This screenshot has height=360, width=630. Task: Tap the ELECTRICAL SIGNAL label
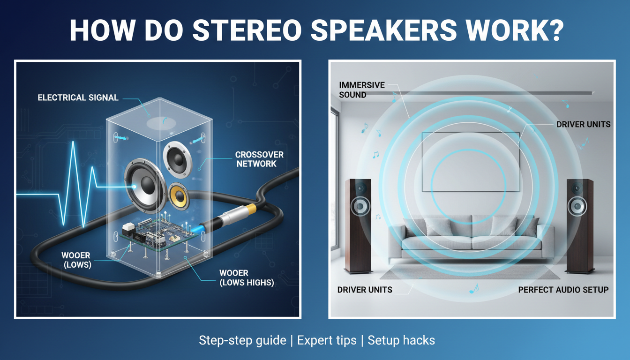pos(78,98)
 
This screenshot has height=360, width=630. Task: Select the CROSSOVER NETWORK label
pos(259,159)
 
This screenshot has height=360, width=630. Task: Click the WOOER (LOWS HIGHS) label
pos(247,278)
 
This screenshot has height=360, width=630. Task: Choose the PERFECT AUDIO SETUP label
pos(563,290)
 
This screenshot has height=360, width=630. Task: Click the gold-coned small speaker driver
pos(180,194)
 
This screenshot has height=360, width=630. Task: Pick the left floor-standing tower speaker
pos(359,225)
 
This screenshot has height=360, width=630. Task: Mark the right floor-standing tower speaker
pos(579,225)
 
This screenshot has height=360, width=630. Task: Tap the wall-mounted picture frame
pos(470,162)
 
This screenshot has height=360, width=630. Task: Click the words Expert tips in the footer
pos(327,340)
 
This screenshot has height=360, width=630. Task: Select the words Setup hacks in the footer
pos(401,340)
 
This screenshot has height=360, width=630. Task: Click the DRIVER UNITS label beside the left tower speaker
pos(365,290)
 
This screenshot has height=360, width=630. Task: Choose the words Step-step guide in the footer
pos(242,340)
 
